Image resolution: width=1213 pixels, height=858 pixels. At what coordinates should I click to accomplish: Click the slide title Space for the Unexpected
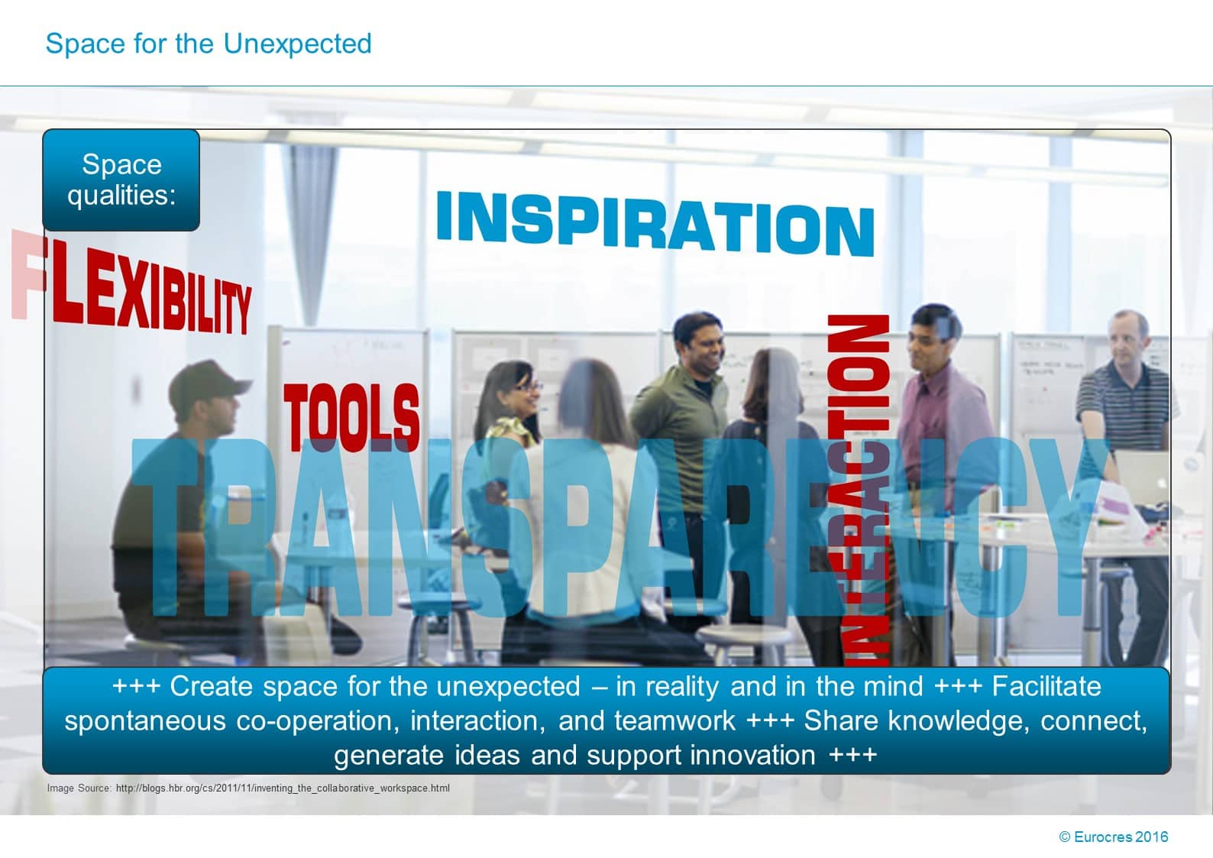208,44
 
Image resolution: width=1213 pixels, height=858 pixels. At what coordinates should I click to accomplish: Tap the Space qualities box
121,180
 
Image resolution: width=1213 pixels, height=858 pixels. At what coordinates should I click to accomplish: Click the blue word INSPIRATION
655,223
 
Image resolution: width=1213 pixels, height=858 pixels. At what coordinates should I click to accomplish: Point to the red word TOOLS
351,416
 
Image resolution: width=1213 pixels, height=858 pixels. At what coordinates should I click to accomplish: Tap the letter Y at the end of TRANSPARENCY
1073,527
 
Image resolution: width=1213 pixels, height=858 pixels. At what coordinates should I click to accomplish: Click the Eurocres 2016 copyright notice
1113,837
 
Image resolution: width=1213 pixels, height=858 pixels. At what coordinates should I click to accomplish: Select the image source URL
283,788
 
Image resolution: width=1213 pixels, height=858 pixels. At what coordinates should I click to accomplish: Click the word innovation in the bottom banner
752,755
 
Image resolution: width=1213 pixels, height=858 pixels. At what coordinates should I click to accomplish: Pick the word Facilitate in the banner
1046,686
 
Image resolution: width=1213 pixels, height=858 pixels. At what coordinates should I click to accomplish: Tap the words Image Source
79,788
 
